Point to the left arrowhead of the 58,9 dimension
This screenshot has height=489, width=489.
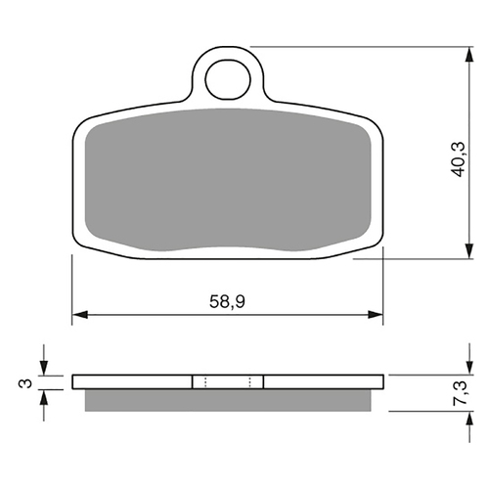(79, 315)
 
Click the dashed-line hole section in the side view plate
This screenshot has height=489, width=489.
(227, 381)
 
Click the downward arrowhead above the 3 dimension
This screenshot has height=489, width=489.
(43, 368)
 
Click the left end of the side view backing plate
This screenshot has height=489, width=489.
(74, 381)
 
